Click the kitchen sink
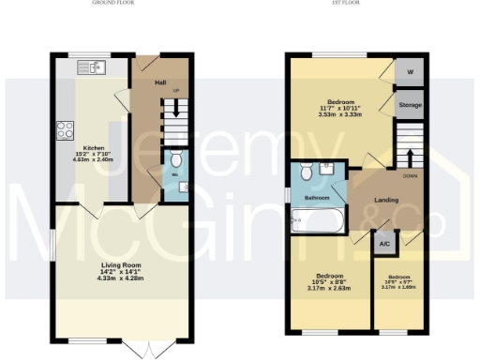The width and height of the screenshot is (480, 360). (95, 67)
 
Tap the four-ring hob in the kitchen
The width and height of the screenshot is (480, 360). (67, 129)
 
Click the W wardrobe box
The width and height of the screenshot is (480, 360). (409, 72)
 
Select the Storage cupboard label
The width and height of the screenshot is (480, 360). (409, 104)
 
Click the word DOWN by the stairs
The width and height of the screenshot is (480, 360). (410, 175)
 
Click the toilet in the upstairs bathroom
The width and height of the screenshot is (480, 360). (306, 172)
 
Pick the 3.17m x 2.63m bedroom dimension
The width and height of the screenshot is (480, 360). (327, 289)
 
